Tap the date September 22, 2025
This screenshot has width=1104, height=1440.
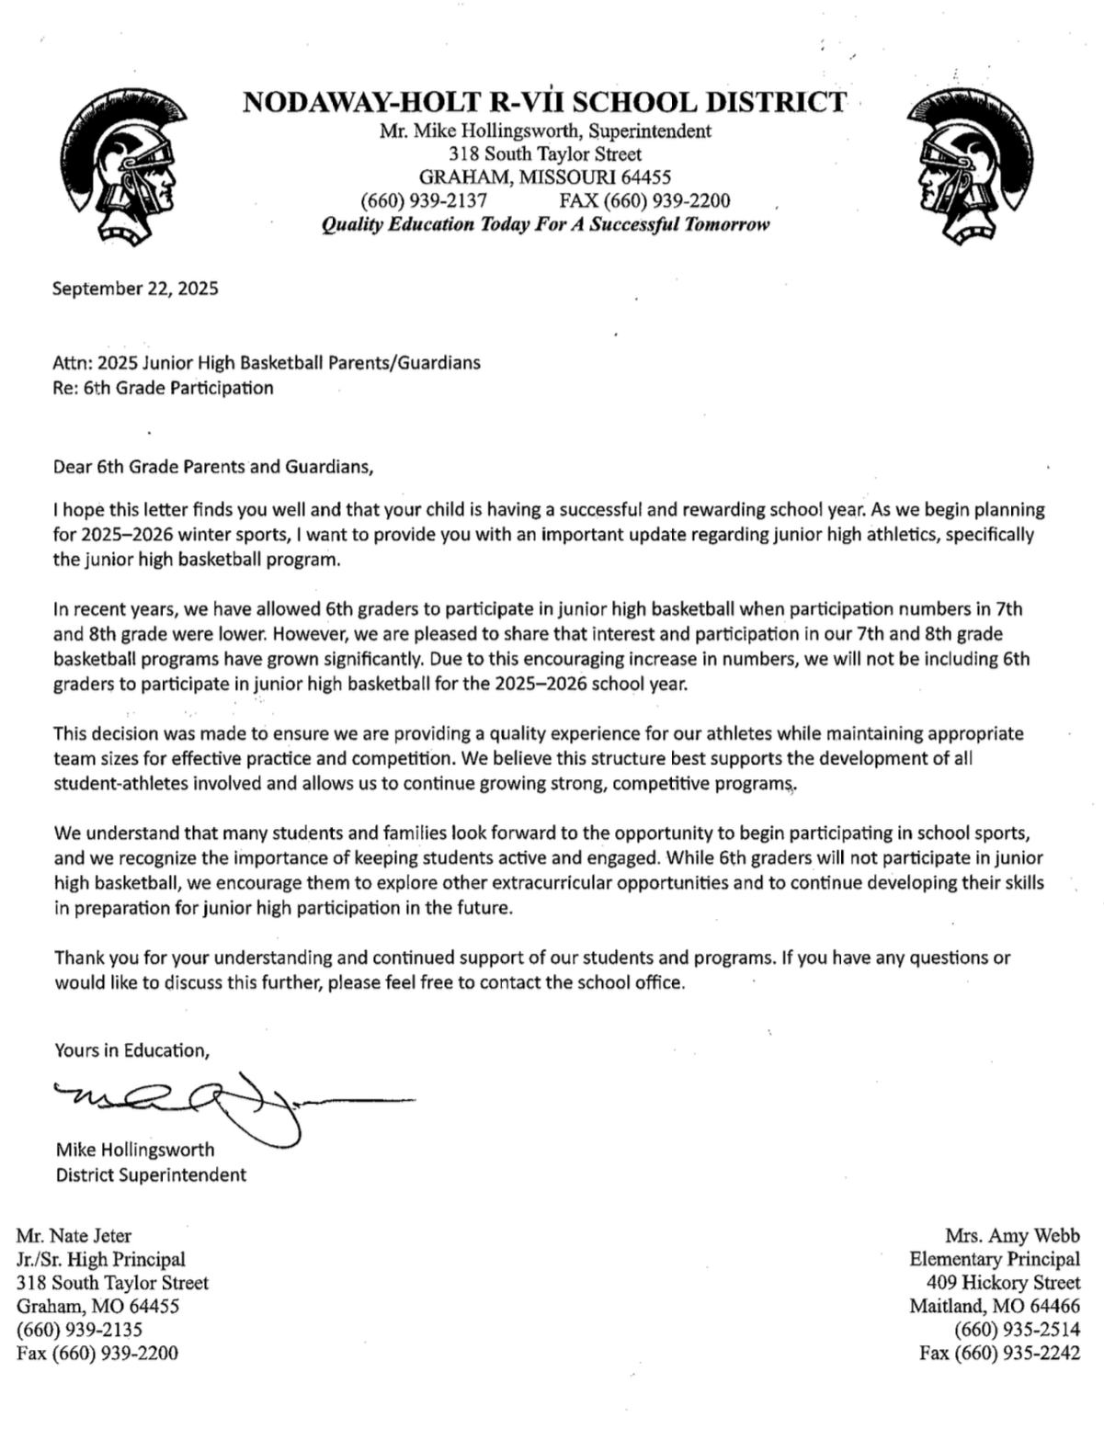tap(135, 289)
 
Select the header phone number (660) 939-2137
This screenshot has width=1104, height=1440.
tap(424, 201)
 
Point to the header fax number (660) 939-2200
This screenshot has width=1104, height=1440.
tap(644, 201)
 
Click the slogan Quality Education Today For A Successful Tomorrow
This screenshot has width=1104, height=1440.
tap(545, 225)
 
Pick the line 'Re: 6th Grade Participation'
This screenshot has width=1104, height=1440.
tap(163, 388)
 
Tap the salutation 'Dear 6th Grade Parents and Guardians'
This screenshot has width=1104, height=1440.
tap(213, 466)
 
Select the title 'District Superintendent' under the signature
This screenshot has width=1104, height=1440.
tap(151, 1174)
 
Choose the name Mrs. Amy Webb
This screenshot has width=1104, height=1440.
tap(1012, 1236)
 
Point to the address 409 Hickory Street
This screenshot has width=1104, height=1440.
tap(1004, 1283)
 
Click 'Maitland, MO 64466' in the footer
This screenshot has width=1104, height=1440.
tap(995, 1306)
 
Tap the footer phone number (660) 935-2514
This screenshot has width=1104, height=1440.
tap(1018, 1329)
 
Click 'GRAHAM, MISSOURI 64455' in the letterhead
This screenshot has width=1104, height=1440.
tap(545, 177)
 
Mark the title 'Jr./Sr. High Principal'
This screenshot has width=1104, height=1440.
tap(101, 1259)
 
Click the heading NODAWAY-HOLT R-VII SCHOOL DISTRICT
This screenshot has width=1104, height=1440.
tap(544, 102)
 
